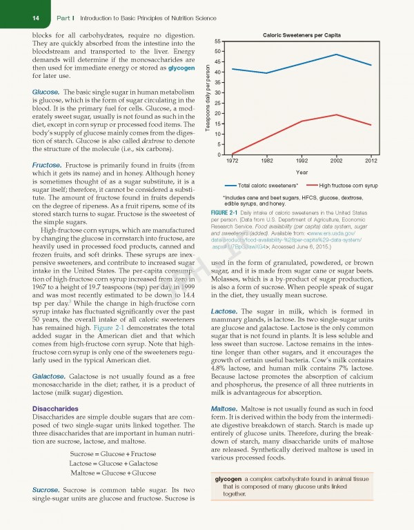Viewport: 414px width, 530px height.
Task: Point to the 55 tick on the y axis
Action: click(x=216, y=41)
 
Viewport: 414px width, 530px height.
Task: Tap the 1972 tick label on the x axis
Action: click(x=233, y=161)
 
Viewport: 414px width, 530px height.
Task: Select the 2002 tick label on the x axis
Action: click(x=336, y=161)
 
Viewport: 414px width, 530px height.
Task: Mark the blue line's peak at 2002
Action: click(x=336, y=55)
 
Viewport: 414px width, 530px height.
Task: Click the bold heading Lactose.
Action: click(x=224, y=312)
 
